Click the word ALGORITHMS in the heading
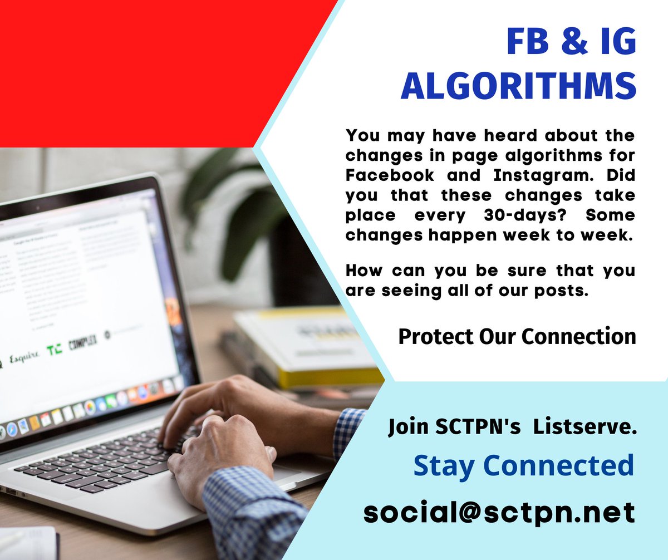pyautogui.click(x=518, y=86)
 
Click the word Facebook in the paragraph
pyautogui.click(x=390, y=175)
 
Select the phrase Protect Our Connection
pyautogui.click(x=517, y=336)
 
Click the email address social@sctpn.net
pyautogui.click(x=499, y=511)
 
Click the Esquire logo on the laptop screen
pyautogui.click(x=24, y=354)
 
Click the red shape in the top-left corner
pyautogui.click(x=139, y=67)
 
